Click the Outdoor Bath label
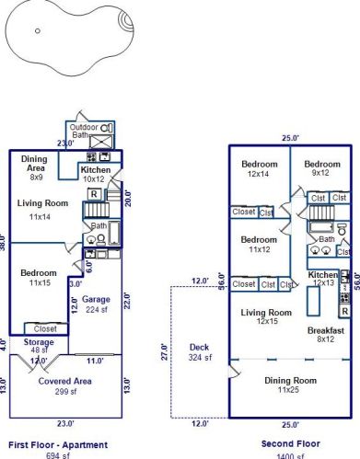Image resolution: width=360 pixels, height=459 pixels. (x=84, y=131)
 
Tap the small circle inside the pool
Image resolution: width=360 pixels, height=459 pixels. (x=38, y=30)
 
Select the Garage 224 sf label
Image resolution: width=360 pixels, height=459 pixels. (x=96, y=304)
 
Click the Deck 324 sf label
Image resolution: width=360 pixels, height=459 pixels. (x=200, y=352)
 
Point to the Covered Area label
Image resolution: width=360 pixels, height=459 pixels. (x=65, y=381)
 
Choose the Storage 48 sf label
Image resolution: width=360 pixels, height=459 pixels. (x=39, y=346)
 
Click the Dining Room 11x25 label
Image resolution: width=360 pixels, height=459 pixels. (x=290, y=384)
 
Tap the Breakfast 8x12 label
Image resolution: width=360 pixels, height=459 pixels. (x=326, y=335)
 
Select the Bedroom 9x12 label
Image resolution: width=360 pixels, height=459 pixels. (x=322, y=168)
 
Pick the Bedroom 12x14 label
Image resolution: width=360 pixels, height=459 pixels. (x=260, y=168)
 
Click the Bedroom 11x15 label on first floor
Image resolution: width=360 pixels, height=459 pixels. (x=39, y=278)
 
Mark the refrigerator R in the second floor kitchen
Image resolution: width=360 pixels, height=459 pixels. (x=345, y=311)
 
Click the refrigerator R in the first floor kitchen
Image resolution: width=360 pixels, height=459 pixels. (x=94, y=194)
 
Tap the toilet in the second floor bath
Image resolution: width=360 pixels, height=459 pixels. (x=342, y=228)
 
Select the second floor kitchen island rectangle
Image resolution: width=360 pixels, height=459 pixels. (x=313, y=301)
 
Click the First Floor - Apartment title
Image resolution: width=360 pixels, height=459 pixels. (x=58, y=445)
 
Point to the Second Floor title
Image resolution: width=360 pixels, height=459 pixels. (x=291, y=443)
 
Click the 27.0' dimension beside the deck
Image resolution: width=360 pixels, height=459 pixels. (x=165, y=352)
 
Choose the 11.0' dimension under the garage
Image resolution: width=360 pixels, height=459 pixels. (x=95, y=361)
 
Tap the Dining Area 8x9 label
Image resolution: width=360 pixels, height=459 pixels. (x=34, y=167)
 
